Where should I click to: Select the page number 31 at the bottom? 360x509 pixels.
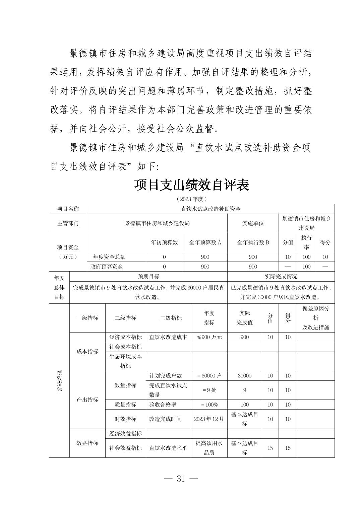tap(180, 479)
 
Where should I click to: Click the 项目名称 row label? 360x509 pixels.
tap(68, 209)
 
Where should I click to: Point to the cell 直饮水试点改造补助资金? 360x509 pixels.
tap(211, 209)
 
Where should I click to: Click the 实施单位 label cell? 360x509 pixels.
tap(253, 223)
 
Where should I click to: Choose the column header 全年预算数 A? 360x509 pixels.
tap(205, 242)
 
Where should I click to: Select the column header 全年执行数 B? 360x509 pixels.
tap(253, 242)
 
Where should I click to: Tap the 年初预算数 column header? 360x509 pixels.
tap(164, 242)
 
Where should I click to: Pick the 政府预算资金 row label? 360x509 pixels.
tap(107, 267)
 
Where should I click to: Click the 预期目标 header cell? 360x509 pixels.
tap(148, 276)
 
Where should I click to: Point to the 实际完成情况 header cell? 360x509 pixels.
tap(281, 276)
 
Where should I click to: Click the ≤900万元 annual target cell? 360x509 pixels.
tap(209, 337)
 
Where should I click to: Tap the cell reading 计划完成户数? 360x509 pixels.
tap(165, 376)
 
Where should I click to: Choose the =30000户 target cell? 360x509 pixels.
tap(209, 376)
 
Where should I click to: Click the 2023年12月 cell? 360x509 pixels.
tap(209, 419)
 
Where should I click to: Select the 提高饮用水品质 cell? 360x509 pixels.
tap(209, 448)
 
